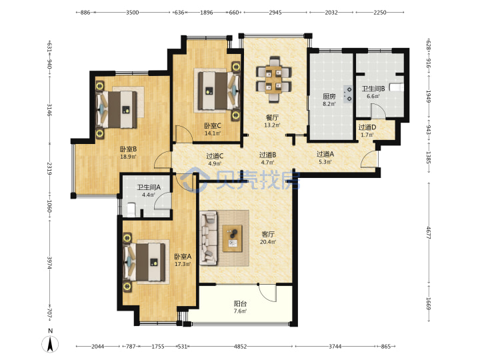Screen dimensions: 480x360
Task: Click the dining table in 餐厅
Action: coord(274,79)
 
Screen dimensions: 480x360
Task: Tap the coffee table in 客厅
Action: coord(233,239)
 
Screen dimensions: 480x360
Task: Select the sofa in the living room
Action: coord(208,238)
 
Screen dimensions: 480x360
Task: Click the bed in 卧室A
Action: coord(146,262)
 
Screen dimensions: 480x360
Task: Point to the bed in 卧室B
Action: coord(117,109)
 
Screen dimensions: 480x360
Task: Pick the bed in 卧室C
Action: coord(218,91)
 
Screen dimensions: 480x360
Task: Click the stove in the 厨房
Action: coord(348,94)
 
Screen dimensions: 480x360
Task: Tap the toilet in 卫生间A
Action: coord(131,209)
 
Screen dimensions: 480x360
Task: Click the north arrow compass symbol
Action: coord(51,343)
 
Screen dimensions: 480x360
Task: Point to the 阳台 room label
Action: coord(240,304)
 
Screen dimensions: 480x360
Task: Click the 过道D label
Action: coord(367,127)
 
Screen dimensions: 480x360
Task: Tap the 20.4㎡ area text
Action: coord(268,242)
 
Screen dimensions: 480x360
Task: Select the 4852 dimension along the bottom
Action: coord(240,346)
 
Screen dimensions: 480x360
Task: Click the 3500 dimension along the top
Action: coord(132,13)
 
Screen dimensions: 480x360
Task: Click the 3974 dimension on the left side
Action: coord(49,263)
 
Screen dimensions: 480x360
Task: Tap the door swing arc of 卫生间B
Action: coord(379,111)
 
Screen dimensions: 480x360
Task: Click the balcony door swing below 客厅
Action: coord(267,293)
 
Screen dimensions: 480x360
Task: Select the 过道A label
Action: coord(325,154)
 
